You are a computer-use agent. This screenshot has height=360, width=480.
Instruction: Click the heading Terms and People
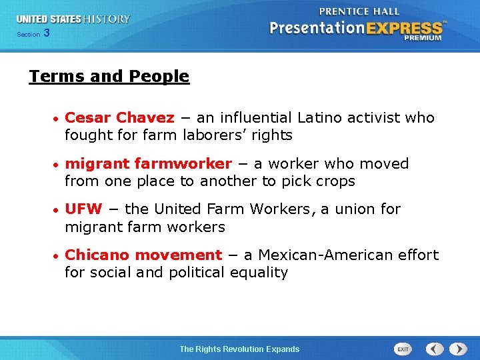[109, 77]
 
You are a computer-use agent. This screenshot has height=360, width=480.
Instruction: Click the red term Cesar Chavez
[119, 118]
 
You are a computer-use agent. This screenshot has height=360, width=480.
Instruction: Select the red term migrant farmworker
[148, 164]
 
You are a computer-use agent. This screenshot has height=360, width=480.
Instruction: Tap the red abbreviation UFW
[83, 209]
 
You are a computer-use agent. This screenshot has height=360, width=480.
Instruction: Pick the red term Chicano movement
[143, 255]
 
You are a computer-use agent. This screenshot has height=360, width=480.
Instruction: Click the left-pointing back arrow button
[435, 349]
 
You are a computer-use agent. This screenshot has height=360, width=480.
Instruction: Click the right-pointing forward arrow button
[458, 349]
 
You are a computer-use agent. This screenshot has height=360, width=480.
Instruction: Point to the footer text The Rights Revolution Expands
[239, 349]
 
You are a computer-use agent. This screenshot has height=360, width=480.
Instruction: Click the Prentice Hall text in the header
[359, 11]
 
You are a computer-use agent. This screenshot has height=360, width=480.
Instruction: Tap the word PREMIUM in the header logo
[422, 38]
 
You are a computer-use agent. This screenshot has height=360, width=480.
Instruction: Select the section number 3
[46, 34]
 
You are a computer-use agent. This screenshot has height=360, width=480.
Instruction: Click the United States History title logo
[73, 19]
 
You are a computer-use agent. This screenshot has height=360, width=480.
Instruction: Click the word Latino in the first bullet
[321, 118]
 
